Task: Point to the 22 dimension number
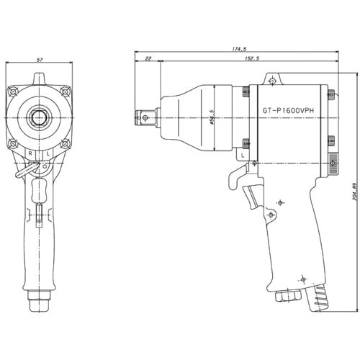[x=148, y=60]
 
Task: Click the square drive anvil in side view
[x=145, y=114]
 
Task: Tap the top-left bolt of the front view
[x=13, y=91]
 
